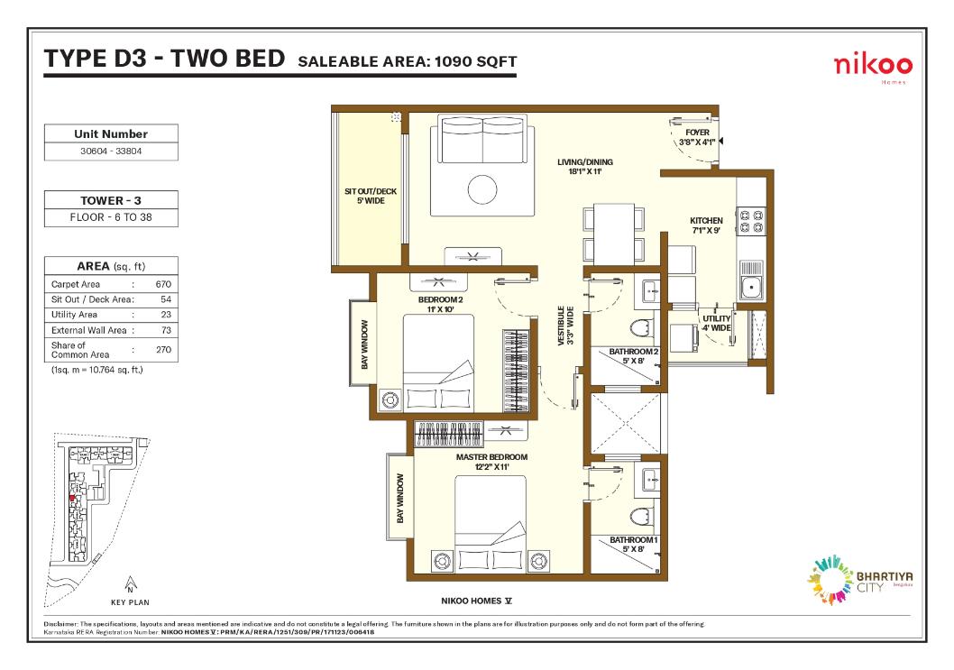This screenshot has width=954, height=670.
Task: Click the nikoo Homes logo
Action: (873, 68)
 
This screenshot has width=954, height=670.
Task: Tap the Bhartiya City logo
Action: (859, 579)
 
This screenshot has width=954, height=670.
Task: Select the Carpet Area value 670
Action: (163, 284)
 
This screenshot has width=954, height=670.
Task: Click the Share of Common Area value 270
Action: (163, 350)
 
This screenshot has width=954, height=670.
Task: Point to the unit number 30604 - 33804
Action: (111, 151)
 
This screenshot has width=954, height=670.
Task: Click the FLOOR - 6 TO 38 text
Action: (111, 217)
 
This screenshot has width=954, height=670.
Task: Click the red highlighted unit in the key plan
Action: (72, 498)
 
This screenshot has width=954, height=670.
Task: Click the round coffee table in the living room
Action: (482, 189)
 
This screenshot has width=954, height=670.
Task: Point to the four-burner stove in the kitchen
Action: (751, 221)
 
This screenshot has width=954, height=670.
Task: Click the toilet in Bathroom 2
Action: (639, 329)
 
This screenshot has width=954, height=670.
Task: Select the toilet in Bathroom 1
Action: (639, 517)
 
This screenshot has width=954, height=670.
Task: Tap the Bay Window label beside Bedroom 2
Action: (364, 344)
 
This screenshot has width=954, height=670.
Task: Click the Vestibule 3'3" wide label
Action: (565, 326)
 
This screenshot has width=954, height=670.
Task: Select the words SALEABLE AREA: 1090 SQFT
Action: (407, 61)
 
